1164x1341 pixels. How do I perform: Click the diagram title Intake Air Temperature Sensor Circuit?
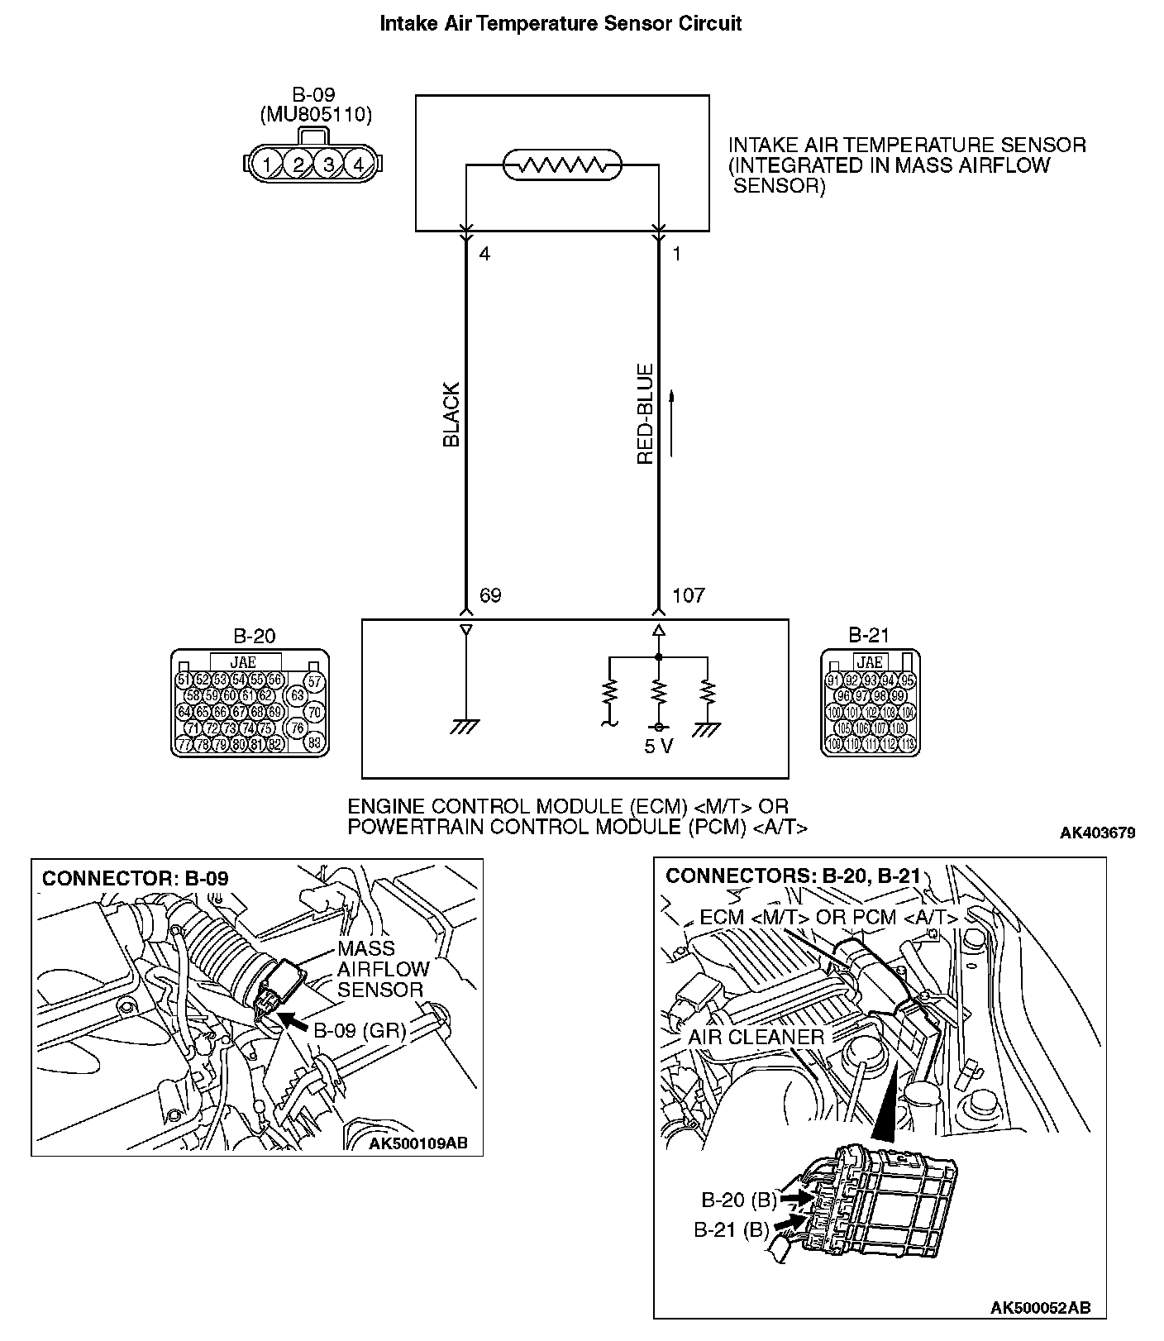click(x=560, y=24)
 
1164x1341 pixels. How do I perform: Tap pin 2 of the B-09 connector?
click(x=298, y=164)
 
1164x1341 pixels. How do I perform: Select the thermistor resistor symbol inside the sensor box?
click(x=562, y=165)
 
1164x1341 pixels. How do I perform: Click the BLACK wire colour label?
click(x=451, y=415)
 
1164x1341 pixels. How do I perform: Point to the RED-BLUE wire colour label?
click(x=646, y=413)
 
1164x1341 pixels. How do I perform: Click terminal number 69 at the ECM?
click(x=490, y=596)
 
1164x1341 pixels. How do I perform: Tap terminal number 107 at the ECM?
click(x=688, y=596)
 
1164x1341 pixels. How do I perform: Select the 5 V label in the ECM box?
click(x=659, y=747)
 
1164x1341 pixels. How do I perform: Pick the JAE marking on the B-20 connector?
click(x=244, y=662)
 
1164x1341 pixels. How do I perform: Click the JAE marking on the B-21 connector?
click(x=870, y=662)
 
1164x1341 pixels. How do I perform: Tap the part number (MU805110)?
click(x=315, y=115)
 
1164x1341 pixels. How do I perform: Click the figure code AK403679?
click(x=1097, y=833)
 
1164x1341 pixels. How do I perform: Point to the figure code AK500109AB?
click(x=417, y=1143)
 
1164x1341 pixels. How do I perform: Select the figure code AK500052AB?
click(x=1041, y=1307)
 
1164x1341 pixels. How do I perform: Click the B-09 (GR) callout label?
click(x=359, y=1030)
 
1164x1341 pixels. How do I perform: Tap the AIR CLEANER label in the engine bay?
click(x=756, y=1037)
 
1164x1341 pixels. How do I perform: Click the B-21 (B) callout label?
click(x=732, y=1229)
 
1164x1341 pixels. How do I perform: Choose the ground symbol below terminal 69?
click(x=465, y=726)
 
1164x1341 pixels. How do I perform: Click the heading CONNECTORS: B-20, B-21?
click(x=793, y=876)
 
